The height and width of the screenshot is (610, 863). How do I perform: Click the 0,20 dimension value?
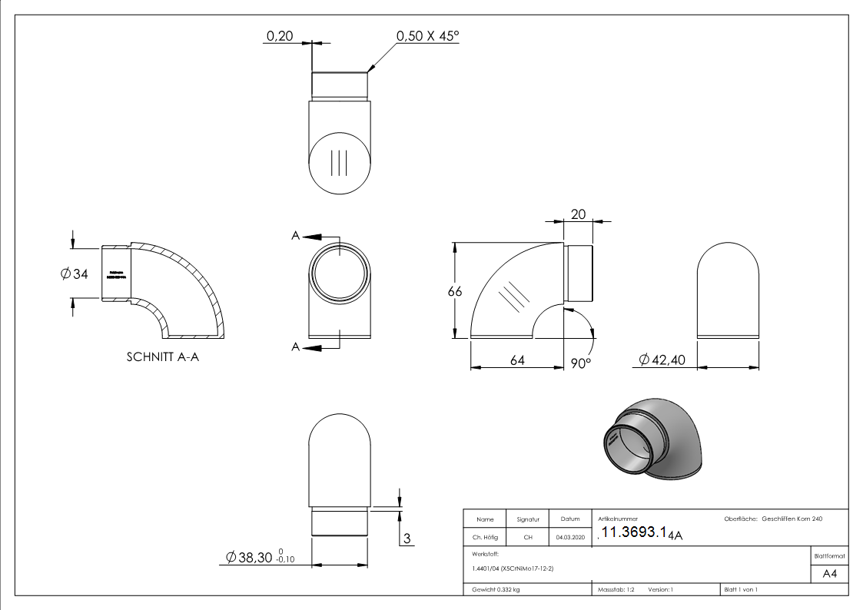[279, 36]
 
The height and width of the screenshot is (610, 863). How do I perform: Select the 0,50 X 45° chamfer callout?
[427, 36]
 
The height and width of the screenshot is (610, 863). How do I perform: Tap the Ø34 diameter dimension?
[75, 274]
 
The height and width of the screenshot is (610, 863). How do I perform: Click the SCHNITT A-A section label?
[162, 357]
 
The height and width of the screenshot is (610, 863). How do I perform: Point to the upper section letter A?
[295, 236]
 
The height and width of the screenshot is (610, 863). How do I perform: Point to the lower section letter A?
[295, 347]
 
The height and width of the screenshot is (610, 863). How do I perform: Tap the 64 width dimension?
[517, 360]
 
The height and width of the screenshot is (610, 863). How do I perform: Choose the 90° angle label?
[580, 363]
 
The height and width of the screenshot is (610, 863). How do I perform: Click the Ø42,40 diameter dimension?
[662, 360]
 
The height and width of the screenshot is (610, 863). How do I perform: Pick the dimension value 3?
[407, 538]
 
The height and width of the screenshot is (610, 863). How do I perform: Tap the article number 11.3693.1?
[633, 534]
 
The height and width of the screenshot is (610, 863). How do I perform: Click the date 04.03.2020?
[569, 537]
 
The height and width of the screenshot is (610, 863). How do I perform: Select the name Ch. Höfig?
[484, 537]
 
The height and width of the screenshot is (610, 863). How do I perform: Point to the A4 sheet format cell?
[829, 574]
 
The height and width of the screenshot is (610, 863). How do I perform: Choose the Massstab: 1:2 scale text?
[616, 590]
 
